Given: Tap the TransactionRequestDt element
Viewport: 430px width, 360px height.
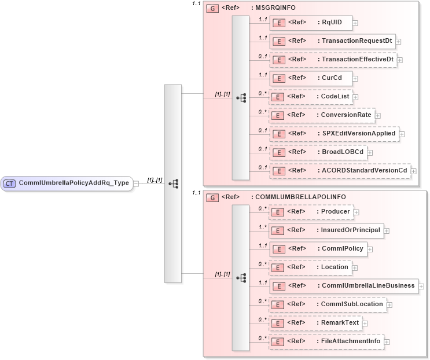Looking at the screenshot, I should pos(332,41).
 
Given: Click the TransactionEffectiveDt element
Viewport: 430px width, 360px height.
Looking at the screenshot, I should pos(333,60).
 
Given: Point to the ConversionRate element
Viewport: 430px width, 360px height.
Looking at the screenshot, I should pos(321,115).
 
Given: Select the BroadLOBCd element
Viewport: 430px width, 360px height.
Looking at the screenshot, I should pos(318,152).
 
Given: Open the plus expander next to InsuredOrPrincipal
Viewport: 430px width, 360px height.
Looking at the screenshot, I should pos(387,231).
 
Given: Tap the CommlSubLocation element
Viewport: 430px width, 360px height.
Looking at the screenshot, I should pos(328,304).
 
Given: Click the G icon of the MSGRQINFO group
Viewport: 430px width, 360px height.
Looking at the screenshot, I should pos(212,9).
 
